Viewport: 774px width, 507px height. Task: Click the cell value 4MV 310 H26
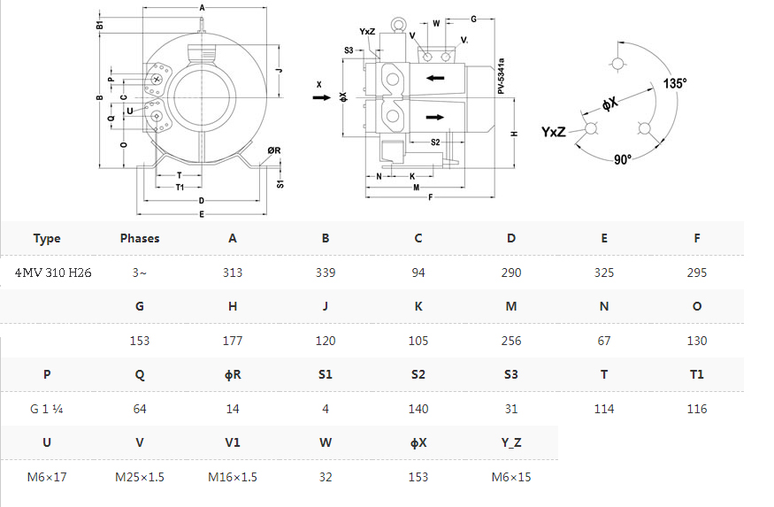pos(53,273)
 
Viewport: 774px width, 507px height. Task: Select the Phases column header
pos(140,238)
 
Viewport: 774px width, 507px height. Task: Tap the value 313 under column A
pos(233,273)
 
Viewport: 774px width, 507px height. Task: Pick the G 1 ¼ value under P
pos(46,409)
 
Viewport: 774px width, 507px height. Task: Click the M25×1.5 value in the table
pos(140,477)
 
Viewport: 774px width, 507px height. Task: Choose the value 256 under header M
pos(511,341)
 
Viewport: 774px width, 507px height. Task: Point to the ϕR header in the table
pos(233,374)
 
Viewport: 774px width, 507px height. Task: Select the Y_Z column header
pos(511,442)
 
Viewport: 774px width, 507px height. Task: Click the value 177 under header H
pos(233,341)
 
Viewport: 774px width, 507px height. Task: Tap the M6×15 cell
pos(511,477)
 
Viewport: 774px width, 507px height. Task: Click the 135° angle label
pos(674,83)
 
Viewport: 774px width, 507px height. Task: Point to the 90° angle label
pos(623,159)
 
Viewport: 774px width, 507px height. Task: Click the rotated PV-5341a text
pos(501,76)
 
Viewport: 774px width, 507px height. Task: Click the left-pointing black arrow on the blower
pos(435,78)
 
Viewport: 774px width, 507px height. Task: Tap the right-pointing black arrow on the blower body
pos(435,117)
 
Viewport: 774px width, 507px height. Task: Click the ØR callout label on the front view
pos(274,150)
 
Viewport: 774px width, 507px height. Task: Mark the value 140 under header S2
pos(418,409)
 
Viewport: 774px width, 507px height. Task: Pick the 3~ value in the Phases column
pos(140,273)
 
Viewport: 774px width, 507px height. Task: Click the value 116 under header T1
pos(696,409)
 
